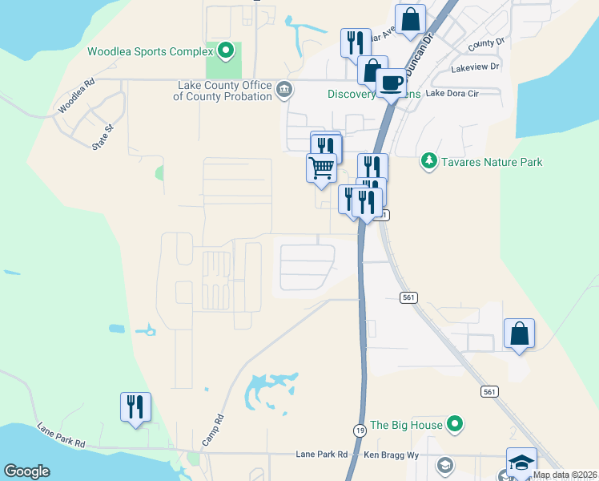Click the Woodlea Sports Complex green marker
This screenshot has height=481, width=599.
click(x=226, y=52)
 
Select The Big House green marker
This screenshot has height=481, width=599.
click(x=455, y=424)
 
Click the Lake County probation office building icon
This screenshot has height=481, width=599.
click(x=284, y=90)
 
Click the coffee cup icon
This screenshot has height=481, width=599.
click(x=391, y=82)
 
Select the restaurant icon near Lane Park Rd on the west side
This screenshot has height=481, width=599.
click(x=135, y=406)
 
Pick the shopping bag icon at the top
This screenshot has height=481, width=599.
click(x=410, y=18)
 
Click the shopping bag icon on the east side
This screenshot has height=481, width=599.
click(x=519, y=333)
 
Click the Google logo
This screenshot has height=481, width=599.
click(x=26, y=471)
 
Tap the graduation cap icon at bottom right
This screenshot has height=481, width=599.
click(x=521, y=461)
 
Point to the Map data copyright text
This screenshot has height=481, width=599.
click(x=565, y=475)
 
